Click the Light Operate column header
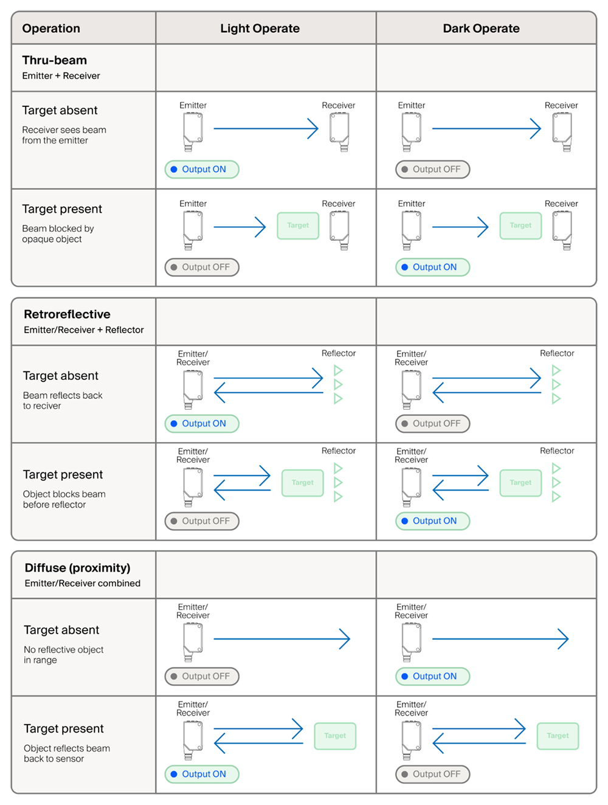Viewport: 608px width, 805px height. point(260,28)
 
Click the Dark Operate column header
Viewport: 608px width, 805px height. point(481,28)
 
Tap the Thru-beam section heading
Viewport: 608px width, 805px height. point(54,60)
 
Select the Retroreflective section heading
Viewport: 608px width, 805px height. point(67,314)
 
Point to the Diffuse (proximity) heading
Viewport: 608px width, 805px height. point(77,568)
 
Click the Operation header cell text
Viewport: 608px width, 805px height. point(51,28)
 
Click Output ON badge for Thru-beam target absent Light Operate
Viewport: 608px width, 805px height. point(202,170)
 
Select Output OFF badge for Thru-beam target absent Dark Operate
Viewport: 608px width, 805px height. point(432,170)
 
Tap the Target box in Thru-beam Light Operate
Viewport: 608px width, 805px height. point(298,226)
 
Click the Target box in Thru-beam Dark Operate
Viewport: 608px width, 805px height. point(520,226)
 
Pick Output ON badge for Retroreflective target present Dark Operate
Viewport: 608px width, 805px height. point(432,521)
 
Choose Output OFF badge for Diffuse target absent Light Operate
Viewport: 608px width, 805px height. point(202,676)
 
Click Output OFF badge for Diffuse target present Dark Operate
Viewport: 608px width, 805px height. point(432,774)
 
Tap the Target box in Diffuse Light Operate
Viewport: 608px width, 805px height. point(335,736)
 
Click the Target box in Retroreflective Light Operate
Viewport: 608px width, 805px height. point(303,483)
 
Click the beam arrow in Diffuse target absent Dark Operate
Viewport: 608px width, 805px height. point(500,639)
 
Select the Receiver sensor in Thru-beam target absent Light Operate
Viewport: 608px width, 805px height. point(339,132)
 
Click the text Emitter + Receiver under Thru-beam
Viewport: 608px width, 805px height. point(61,76)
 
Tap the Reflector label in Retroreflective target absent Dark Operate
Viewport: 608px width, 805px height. point(557,353)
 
